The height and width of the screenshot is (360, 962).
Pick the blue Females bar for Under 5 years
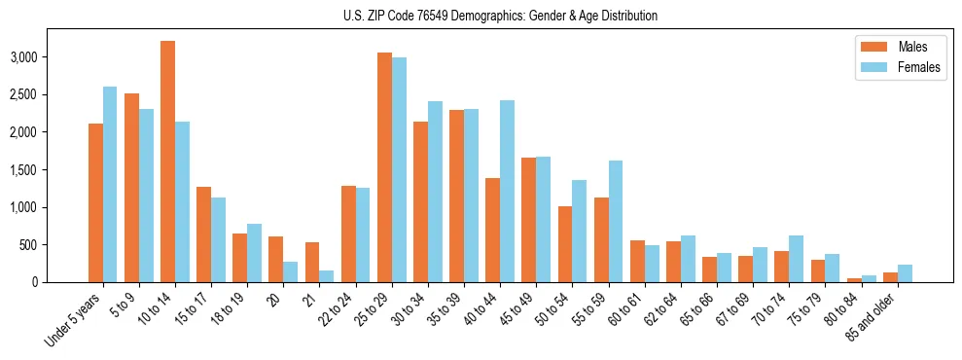(x=110, y=185)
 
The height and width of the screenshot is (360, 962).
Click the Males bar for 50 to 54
(x=565, y=244)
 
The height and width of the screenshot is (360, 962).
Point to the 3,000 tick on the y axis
(x=51, y=57)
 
